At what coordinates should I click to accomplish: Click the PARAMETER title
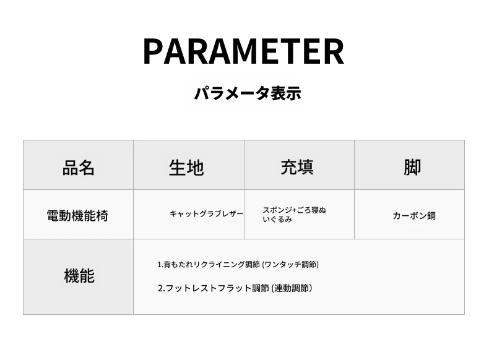click(x=243, y=51)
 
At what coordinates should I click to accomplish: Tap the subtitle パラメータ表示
click(x=248, y=93)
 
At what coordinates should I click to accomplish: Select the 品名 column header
click(x=78, y=168)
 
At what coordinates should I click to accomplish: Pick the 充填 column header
click(x=297, y=167)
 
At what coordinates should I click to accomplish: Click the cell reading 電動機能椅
click(x=77, y=216)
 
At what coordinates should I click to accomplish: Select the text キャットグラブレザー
click(x=207, y=214)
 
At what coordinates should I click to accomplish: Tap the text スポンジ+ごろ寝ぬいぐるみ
click(x=295, y=215)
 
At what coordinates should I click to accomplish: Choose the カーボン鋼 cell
click(x=414, y=216)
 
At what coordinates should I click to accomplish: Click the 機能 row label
click(x=79, y=276)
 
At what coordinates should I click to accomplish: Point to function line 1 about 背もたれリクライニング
click(x=238, y=265)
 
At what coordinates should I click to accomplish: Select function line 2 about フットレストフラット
click(x=235, y=288)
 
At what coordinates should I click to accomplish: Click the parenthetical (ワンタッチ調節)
click(x=290, y=265)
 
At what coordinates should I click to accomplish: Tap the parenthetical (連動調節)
click(x=292, y=288)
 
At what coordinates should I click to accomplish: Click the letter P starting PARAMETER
click(x=152, y=51)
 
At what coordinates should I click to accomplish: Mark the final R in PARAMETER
click(x=334, y=51)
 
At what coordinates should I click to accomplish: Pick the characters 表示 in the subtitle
click(x=286, y=93)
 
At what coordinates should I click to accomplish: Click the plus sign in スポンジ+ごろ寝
click(x=294, y=210)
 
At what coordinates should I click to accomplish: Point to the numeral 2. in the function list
click(x=161, y=288)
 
